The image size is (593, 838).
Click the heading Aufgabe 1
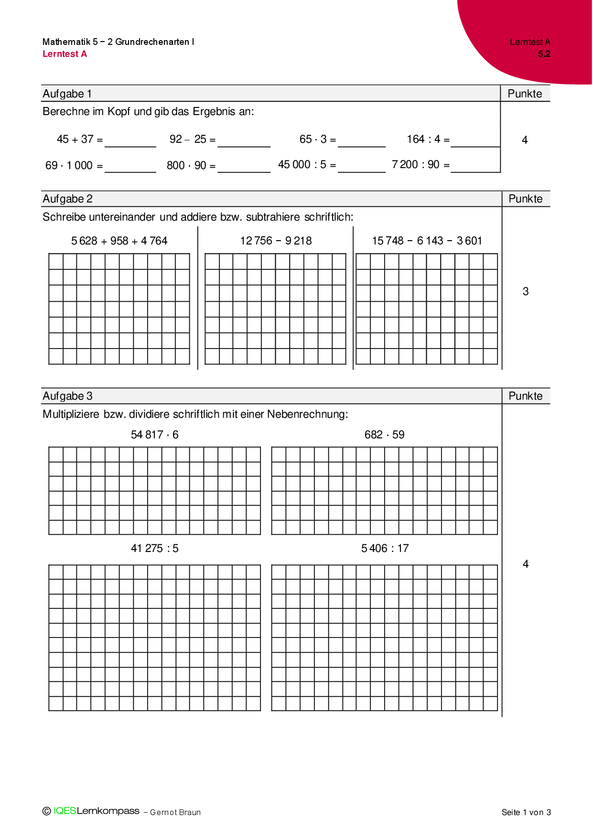tap(67, 94)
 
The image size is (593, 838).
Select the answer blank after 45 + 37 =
tap(130, 141)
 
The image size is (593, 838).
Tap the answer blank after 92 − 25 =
tap(244, 141)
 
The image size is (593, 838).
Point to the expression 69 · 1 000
tap(69, 166)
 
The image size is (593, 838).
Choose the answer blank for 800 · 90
tap(244, 167)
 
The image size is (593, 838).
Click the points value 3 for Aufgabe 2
tap(526, 292)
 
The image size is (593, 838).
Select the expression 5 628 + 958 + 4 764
tap(119, 241)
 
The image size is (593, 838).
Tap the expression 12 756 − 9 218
tap(276, 241)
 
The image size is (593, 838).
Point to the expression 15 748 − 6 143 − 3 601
tap(427, 241)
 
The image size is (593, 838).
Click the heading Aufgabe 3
tap(67, 396)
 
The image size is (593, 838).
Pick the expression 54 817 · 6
tap(154, 435)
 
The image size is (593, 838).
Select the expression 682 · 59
tap(384, 435)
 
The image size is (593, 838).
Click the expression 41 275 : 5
tap(154, 549)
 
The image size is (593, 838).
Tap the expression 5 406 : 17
tap(385, 549)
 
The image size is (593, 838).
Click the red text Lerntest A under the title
tap(65, 54)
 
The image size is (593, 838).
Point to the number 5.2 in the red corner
tap(544, 54)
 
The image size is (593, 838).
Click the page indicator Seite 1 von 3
tap(526, 812)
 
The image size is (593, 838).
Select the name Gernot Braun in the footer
tap(175, 813)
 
